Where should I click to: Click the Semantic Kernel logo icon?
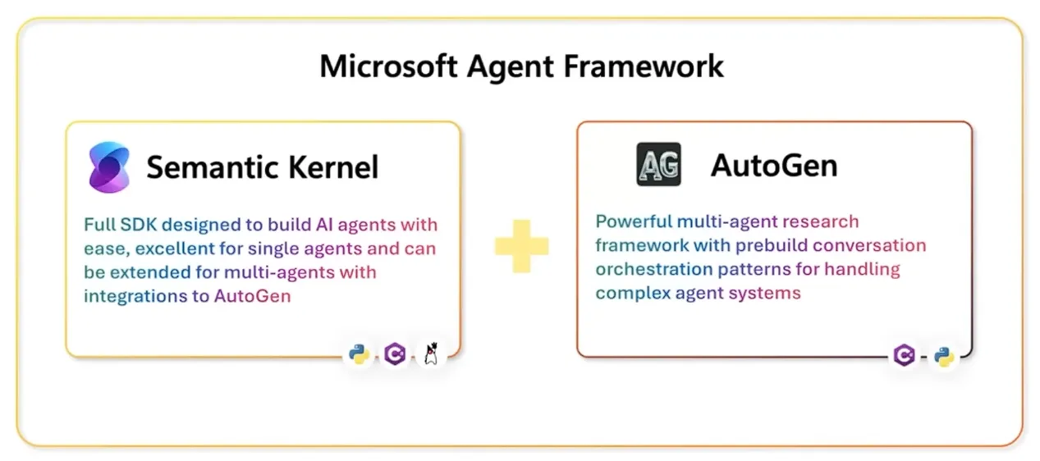click(x=109, y=167)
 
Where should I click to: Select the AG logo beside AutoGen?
click(x=658, y=165)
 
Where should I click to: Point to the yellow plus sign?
click(x=521, y=246)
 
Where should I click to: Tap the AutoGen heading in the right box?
click(x=773, y=165)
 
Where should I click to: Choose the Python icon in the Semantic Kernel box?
click(x=358, y=354)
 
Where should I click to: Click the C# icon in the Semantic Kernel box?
click(x=395, y=354)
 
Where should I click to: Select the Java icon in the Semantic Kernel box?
click(x=432, y=354)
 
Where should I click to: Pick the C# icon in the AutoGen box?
click(x=905, y=355)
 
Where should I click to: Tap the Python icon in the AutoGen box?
click(x=944, y=356)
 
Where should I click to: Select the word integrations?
click(x=136, y=296)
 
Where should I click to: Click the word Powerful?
click(x=633, y=221)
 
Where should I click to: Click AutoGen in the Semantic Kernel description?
click(x=253, y=296)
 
